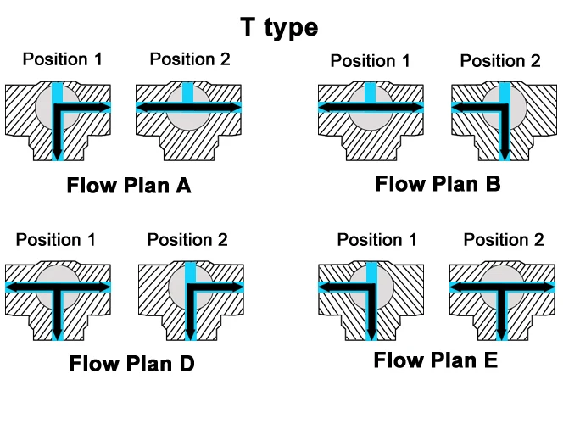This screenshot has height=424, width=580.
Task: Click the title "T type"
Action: click(279, 27)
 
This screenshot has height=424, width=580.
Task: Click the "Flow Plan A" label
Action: click(129, 186)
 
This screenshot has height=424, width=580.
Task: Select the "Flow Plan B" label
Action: click(438, 183)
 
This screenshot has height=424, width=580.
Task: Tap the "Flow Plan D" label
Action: click(131, 364)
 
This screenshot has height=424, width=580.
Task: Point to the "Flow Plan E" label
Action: click(435, 360)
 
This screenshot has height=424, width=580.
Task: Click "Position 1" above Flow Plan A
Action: click(62, 59)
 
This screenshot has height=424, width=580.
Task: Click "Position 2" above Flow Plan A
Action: click(190, 59)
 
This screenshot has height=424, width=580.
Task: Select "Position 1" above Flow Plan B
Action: click(370, 60)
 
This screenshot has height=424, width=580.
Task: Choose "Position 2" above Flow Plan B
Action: click(499, 60)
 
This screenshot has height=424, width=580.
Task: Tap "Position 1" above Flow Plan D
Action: click(56, 240)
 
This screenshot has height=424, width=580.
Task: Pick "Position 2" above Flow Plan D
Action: click(187, 240)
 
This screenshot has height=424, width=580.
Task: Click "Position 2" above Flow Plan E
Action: click(503, 240)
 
